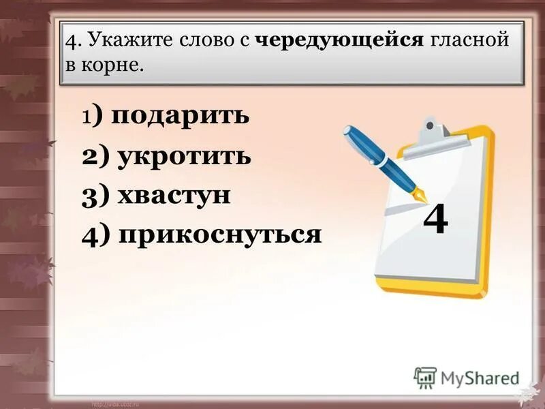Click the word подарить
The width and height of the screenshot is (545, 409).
(x=181, y=117)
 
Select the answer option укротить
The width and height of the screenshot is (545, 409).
(x=185, y=156)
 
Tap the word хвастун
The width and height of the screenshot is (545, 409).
(x=174, y=196)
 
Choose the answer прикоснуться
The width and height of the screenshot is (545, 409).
(x=219, y=235)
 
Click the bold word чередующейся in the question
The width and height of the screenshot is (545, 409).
(x=340, y=41)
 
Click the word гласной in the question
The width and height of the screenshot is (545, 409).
(x=469, y=41)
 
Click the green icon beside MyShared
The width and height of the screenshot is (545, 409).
(x=425, y=377)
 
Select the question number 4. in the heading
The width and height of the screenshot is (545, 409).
(x=73, y=41)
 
